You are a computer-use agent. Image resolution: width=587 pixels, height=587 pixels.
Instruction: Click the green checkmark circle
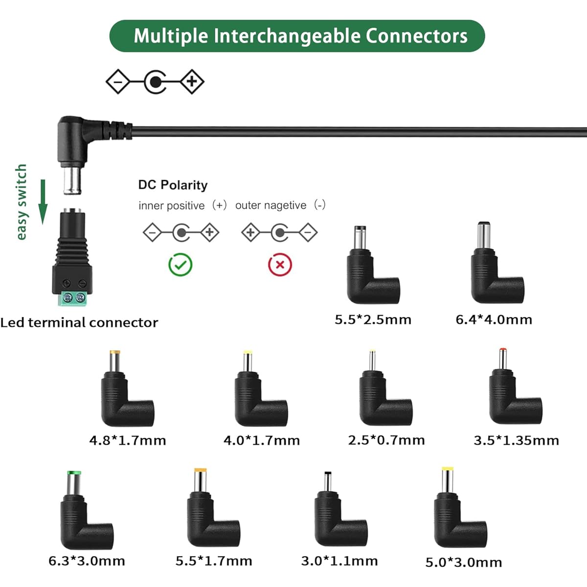click(181, 265)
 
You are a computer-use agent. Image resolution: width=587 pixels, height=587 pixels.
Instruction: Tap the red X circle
click(280, 265)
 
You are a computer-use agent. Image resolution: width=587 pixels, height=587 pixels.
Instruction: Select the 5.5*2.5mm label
click(373, 319)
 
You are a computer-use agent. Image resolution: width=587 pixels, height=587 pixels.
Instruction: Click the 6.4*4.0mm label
click(494, 319)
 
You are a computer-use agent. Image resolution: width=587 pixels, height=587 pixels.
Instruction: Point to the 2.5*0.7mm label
click(386, 440)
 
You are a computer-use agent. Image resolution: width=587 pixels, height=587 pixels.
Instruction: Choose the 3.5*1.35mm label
click(517, 440)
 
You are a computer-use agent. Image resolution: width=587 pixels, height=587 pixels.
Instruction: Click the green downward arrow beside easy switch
click(43, 202)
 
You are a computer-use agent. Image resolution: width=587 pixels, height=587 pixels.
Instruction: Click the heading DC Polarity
click(173, 185)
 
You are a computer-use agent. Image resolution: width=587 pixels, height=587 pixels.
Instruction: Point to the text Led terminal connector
click(79, 322)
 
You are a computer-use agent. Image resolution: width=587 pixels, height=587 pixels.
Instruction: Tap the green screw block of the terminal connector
click(72, 298)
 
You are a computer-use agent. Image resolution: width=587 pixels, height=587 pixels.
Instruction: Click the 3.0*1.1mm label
click(339, 561)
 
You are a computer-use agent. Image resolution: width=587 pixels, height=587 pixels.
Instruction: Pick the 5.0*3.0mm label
click(464, 563)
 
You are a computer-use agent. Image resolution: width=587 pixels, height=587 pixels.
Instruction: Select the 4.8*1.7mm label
click(128, 440)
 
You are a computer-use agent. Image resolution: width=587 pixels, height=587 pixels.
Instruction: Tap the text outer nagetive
click(271, 205)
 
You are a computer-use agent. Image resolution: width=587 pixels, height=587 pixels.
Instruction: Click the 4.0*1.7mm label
click(262, 440)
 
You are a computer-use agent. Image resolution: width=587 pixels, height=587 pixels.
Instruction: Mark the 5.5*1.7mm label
click(214, 561)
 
